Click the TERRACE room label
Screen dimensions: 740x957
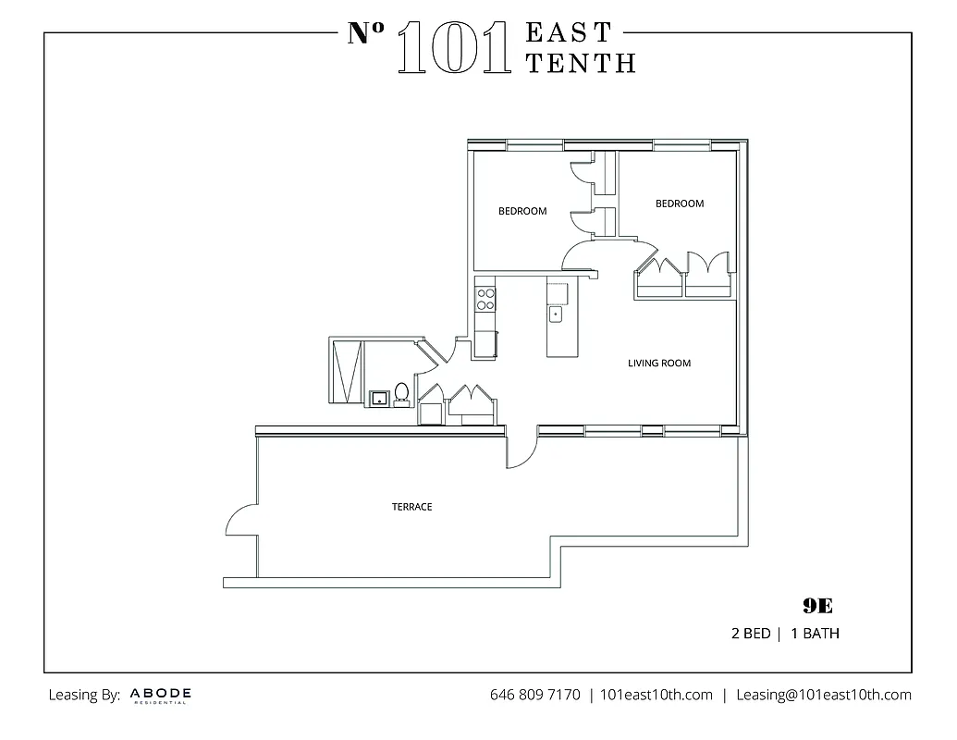pos(411,507)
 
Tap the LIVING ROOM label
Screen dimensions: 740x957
pos(659,364)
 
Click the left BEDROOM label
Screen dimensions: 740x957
pos(522,211)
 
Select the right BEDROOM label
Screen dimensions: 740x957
pos(680,203)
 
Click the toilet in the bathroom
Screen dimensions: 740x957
pos(401,394)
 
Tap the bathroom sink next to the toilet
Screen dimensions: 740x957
pos(379,399)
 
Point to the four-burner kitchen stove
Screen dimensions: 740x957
pos(485,298)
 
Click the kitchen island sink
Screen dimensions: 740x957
pos(556,315)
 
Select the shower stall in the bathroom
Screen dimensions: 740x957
pos(347,371)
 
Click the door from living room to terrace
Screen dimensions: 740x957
pos(520,450)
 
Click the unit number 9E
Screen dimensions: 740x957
pos(817,607)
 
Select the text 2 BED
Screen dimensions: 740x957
pos(750,635)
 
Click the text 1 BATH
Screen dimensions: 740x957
pos(815,635)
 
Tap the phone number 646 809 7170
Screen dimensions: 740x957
pos(534,695)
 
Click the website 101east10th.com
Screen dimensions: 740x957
pos(656,695)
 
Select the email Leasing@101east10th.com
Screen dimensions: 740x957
pos(823,695)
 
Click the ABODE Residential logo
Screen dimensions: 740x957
pos(161,695)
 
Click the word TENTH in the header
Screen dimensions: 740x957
pos(580,62)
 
